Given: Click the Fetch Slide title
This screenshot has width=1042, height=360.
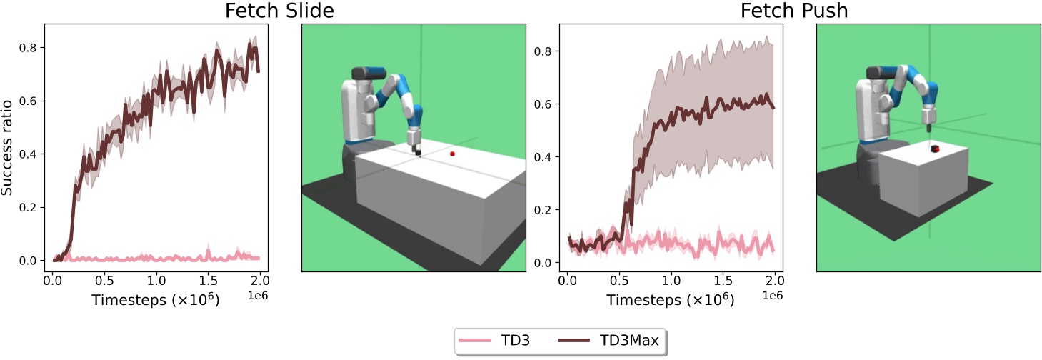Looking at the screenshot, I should click(x=280, y=11).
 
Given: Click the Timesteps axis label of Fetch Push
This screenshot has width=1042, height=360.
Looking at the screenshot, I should click(x=671, y=301).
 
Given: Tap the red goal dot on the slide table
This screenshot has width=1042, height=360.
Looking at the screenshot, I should click(x=452, y=154).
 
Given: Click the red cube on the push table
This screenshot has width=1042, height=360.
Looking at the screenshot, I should click(x=934, y=149).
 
